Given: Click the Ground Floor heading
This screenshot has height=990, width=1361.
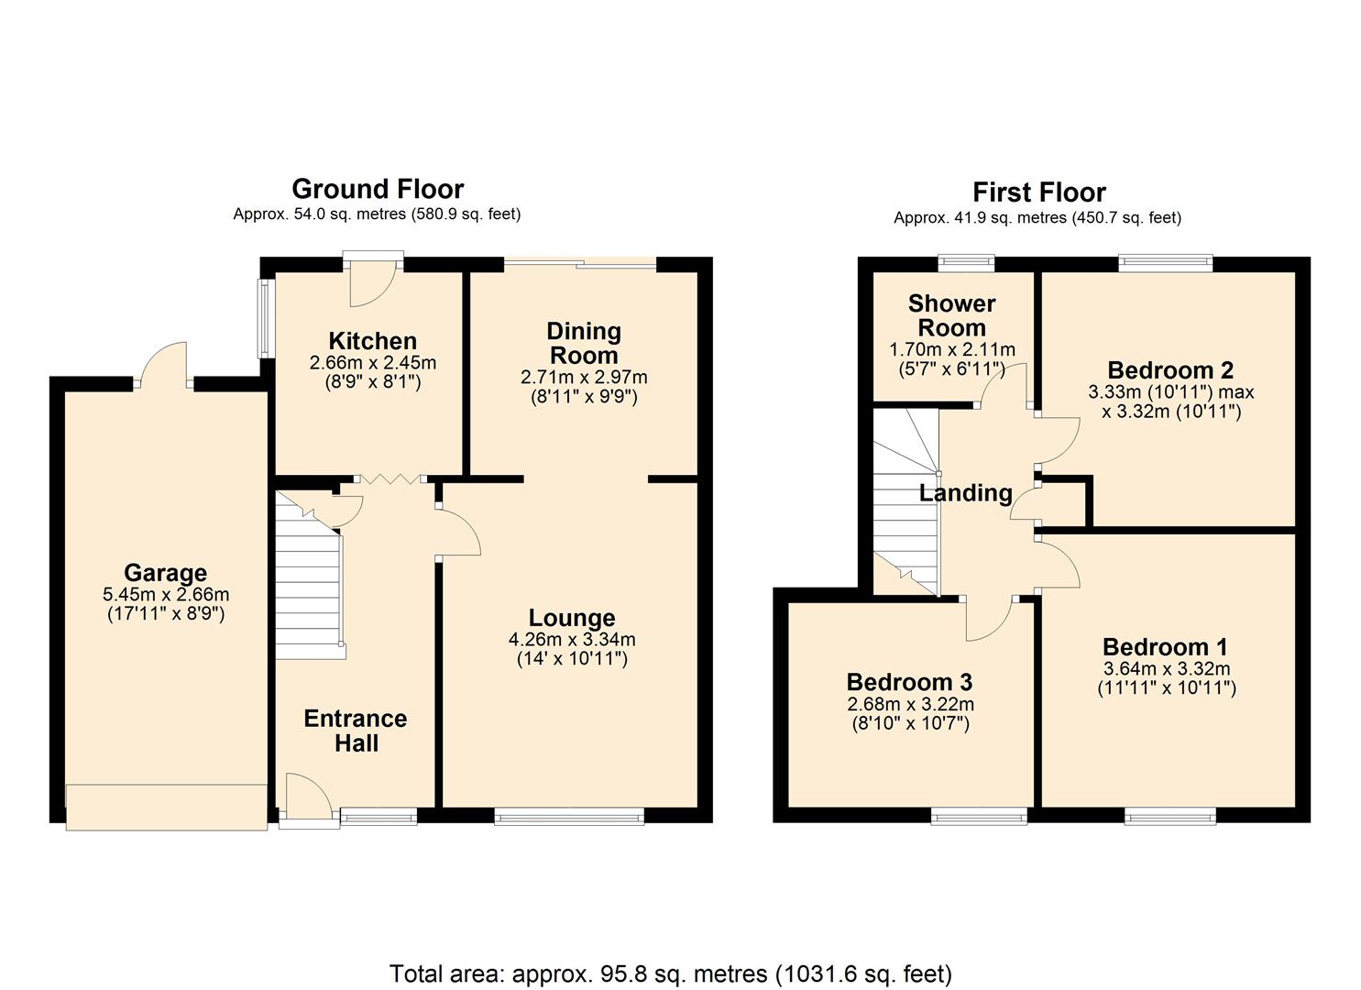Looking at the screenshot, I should coord(378,189).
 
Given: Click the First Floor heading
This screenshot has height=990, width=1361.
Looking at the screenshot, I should coord(1038,192).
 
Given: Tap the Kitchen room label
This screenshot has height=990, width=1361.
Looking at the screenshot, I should coord(373,342).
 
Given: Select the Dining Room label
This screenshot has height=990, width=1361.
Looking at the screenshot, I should coord(583,343).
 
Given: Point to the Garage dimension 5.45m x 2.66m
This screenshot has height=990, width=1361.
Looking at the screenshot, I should coord(166,594).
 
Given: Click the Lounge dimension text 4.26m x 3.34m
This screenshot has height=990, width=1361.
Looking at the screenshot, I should coord(572,639).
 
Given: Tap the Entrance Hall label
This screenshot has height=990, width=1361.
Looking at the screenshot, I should coord(356,731).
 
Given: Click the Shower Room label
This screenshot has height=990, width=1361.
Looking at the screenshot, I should coord(951,315).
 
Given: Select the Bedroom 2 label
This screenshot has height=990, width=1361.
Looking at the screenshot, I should coord(1170,370).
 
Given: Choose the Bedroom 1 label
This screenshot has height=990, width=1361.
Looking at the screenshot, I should coord(1165,647).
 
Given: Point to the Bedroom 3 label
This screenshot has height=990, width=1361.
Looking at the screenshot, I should coord(909,682).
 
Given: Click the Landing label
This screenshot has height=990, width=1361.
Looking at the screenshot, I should coord(965,493).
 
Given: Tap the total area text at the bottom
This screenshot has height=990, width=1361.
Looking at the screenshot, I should coord(671,973).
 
